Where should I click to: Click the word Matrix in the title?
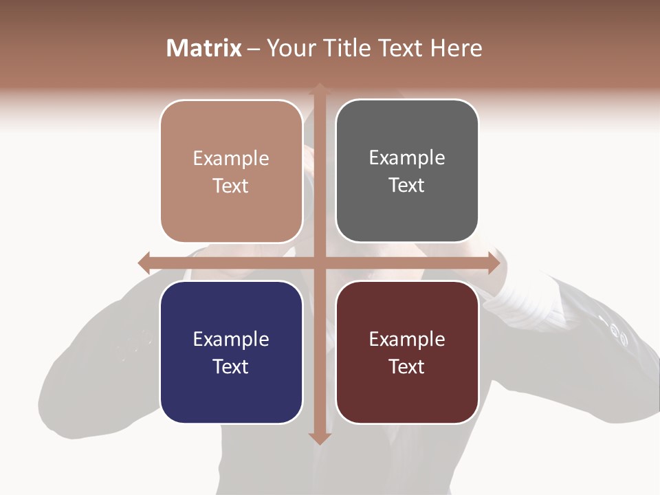pos(204,48)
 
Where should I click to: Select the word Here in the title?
pos(456,48)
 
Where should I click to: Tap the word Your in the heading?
pos(291,48)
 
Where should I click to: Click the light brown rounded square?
pos(231,171)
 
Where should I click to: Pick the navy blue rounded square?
pos(231,352)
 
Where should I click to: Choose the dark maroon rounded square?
pos(407,352)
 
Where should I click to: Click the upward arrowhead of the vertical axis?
pos(319,88)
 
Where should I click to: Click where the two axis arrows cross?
pos(319,262)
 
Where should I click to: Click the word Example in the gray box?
pos(407,157)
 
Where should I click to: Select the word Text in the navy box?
pos(231,366)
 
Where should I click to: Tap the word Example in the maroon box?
pos(407,339)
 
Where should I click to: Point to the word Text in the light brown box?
pos(231,186)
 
